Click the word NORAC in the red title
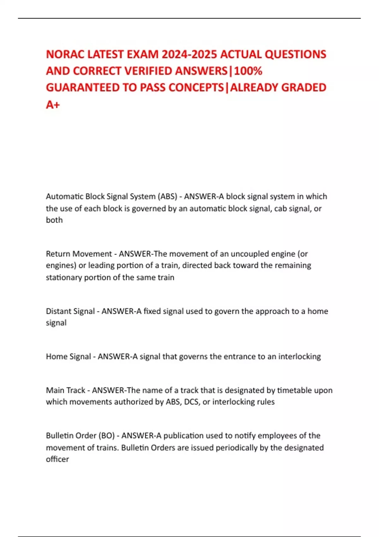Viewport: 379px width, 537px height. coord(65,54)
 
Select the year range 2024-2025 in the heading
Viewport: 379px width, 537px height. coord(189,54)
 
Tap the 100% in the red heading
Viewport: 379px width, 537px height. coord(248,71)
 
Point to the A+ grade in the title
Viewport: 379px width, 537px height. coord(53,105)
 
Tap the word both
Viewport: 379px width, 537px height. coord(54,220)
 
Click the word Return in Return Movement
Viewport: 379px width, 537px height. coord(57,254)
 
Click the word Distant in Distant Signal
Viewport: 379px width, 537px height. coord(58,311)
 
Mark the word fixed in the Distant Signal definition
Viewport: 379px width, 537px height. coord(153,311)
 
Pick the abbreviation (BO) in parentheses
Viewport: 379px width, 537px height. coord(106,436)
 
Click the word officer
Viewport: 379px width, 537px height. coord(57,459)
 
